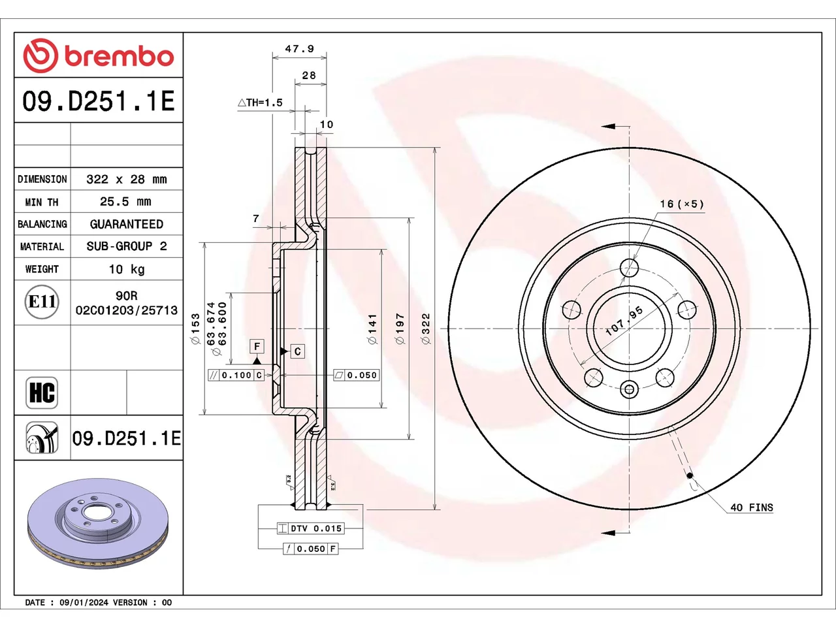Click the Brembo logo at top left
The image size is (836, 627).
pyautogui.click(x=98, y=56)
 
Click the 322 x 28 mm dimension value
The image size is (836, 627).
pyautogui.click(x=127, y=179)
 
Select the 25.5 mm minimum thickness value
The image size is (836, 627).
pyautogui.click(x=125, y=201)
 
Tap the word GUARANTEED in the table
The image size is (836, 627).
pyautogui.click(x=127, y=224)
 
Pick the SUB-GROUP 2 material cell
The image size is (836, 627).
pyautogui.click(x=127, y=246)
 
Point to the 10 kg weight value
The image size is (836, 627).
pyautogui.click(x=127, y=269)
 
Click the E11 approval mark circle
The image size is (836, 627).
pyautogui.click(x=42, y=302)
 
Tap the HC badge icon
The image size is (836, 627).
pyautogui.click(x=42, y=393)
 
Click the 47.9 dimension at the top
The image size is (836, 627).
pyautogui.click(x=299, y=49)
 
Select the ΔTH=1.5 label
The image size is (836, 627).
pyautogui.click(x=260, y=103)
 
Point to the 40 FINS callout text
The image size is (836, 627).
pyautogui.click(x=752, y=507)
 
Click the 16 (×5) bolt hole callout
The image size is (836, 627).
pyautogui.click(x=682, y=204)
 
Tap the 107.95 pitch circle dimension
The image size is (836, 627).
pyautogui.click(x=624, y=321)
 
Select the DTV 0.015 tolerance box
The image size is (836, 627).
pyautogui.click(x=311, y=528)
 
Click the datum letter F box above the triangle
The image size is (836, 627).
pyautogui.click(x=257, y=346)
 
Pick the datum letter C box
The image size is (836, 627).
pyautogui.click(x=297, y=351)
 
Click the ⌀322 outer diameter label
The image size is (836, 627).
pyautogui.click(x=426, y=329)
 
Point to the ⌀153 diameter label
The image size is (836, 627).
pyautogui.click(x=195, y=329)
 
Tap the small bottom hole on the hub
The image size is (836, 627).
pyautogui.click(x=629, y=389)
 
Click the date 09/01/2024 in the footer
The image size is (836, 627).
pyautogui.click(x=84, y=603)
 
